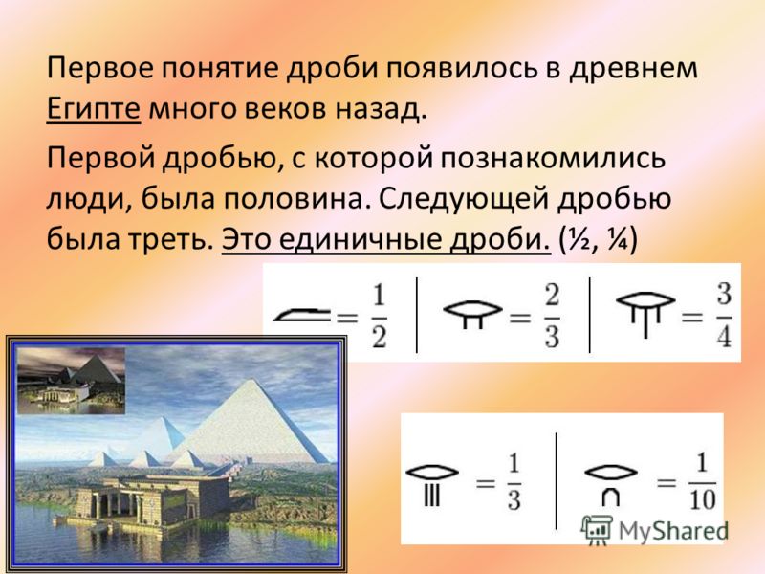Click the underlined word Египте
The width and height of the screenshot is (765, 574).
click(x=93, y=109)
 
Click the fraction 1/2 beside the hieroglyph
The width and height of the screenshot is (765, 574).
click(x=379, y=317)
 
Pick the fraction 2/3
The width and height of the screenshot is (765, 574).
click(x=552, y=317)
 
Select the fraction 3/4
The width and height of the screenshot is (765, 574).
click(x=724, y=316)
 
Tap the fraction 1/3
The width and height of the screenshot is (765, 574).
click(x=514, y=482)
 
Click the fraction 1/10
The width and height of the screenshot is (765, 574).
click(x=702, y=482)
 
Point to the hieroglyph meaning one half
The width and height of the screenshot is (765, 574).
click(x=301, y=315)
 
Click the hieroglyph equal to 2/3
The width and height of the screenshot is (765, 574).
click(x=472, y=314)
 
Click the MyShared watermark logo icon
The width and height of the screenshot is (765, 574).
click(x=596, y=529)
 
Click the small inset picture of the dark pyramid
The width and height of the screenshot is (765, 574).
click(x=71, y=381)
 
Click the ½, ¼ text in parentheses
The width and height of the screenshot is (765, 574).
click(x=599, y=239)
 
